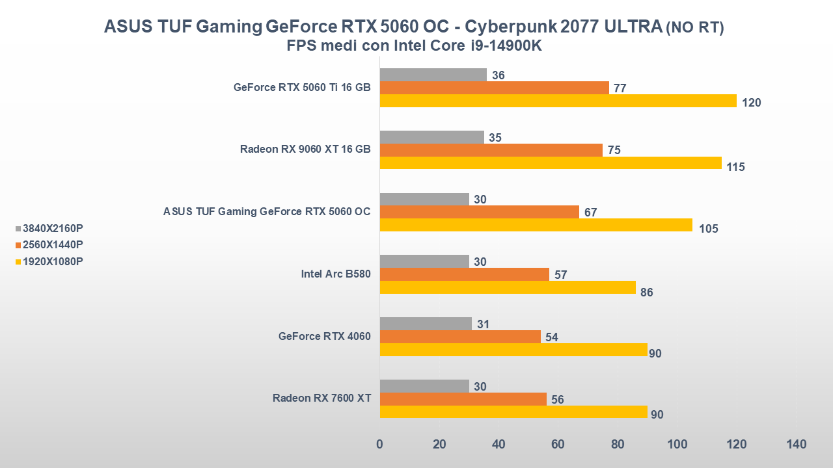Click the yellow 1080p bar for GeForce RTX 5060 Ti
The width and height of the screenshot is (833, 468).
point(558,101)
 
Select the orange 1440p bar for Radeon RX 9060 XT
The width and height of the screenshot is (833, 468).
point(491,150)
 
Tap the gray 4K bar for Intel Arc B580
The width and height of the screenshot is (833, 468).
point(424,261)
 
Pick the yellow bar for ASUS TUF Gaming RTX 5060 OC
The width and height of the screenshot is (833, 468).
point(536,225)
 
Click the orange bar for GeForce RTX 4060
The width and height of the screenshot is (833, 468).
point(459,337)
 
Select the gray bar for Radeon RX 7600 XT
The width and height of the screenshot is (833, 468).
point(424,386)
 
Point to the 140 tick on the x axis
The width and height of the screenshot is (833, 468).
point(796,445)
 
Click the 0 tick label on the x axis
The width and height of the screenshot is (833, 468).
point(379,445)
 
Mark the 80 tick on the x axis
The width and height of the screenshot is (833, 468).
point(618,445)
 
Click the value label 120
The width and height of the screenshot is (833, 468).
point(752,103)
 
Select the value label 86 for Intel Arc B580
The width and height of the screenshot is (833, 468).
point(646,292)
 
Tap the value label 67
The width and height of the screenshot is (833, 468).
point(590,213)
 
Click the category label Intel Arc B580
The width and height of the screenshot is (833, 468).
point(336,274)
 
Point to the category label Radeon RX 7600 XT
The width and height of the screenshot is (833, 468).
point(321,398)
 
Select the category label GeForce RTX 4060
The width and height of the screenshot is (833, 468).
point(324,336)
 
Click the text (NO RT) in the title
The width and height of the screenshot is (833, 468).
point(694,27)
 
